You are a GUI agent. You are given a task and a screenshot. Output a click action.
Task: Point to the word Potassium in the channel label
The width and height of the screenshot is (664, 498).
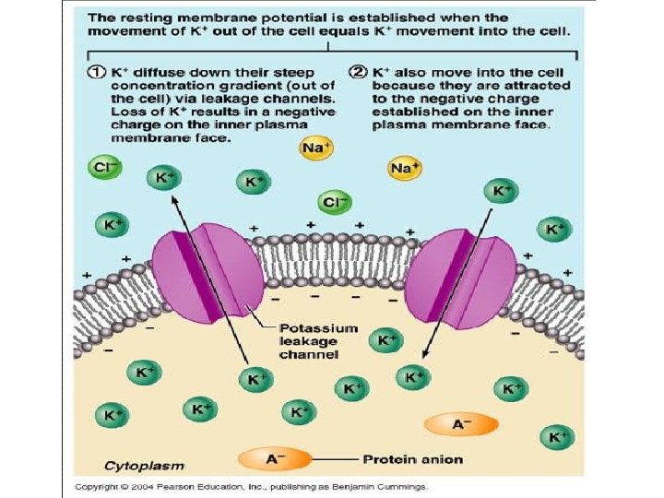308,327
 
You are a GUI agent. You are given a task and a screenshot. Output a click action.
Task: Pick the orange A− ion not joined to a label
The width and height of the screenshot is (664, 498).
461,423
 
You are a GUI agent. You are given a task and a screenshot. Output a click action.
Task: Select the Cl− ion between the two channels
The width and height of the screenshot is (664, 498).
333,202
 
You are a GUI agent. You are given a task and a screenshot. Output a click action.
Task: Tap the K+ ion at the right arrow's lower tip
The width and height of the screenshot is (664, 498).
411,376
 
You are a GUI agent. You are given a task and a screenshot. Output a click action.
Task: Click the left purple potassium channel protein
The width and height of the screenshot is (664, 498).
203,277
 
